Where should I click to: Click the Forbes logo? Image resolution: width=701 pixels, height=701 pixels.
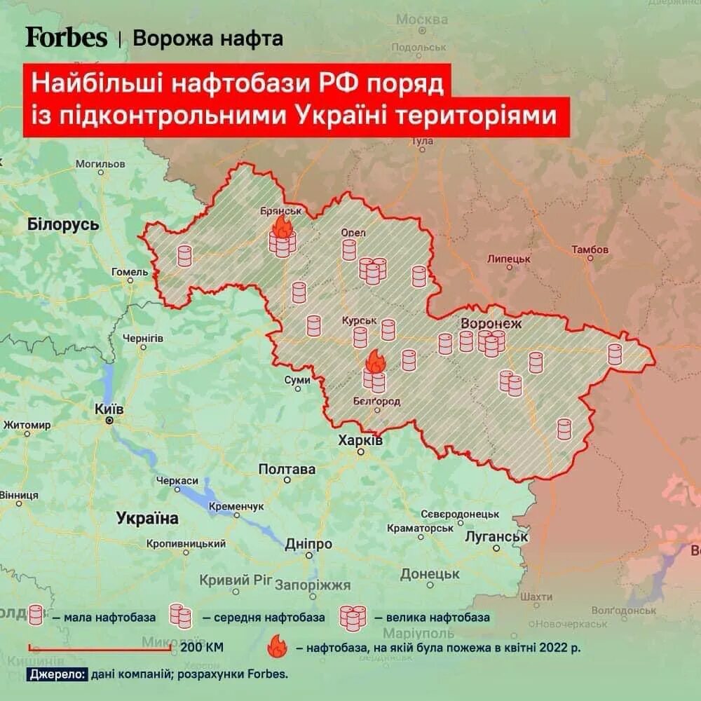click(x=67, y=37)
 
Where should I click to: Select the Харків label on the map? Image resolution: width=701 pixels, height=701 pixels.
click(x=360, y=441)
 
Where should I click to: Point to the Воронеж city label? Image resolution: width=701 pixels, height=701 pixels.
click(x=491, y=324)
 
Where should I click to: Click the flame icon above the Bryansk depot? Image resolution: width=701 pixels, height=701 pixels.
click(x=283, y=226)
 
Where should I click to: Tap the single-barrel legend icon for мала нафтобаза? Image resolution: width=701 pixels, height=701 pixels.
click(x=36, y=616)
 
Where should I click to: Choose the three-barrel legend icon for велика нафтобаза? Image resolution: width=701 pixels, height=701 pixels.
click(x=353, y=617)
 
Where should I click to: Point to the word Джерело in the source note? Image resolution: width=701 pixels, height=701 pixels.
click(x=57, y=674)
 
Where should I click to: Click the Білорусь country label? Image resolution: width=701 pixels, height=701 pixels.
click(x=63, y=225)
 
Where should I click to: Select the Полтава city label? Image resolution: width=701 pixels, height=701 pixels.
click(x=287, y=469)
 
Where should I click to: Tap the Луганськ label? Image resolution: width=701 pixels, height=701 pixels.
click(x=496, y=537)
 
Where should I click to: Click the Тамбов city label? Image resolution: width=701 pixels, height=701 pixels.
click(x=590, y=250)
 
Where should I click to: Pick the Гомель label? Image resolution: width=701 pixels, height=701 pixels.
click(x=130, y=272)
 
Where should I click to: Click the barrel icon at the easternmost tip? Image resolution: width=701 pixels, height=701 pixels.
click(x=615, y=354)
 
